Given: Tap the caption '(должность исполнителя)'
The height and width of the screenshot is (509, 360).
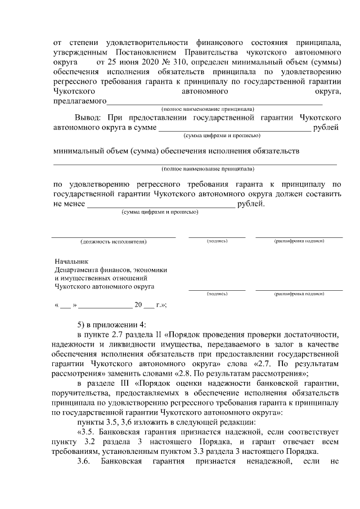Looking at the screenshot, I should pos(113,241).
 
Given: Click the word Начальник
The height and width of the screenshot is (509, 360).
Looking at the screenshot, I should pos(72,262).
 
